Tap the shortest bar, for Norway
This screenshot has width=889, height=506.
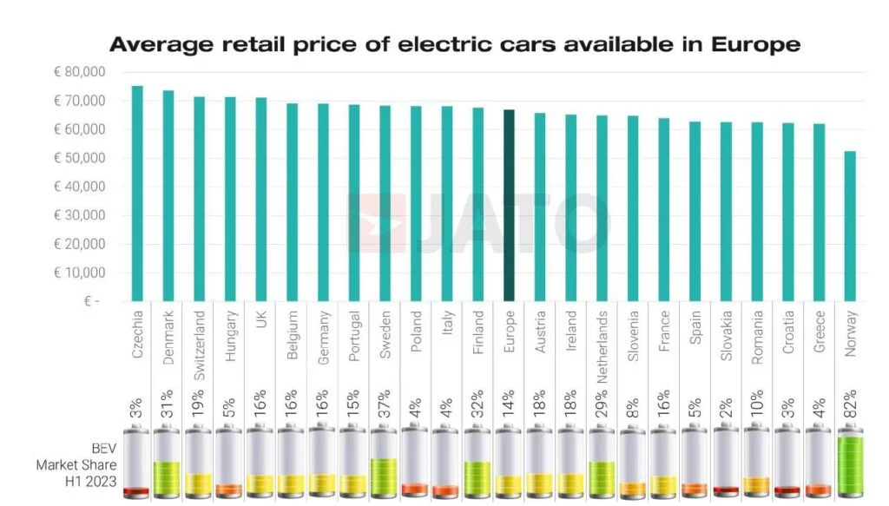coord(850,226)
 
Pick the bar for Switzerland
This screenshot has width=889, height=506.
coord(199,199)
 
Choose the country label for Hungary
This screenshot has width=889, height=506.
coord(230,332)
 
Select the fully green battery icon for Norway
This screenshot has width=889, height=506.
coord(850,467)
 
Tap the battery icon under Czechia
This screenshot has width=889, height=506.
coord(137,467)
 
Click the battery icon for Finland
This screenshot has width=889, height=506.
coord(477,467)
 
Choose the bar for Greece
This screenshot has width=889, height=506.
coord(819,212)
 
